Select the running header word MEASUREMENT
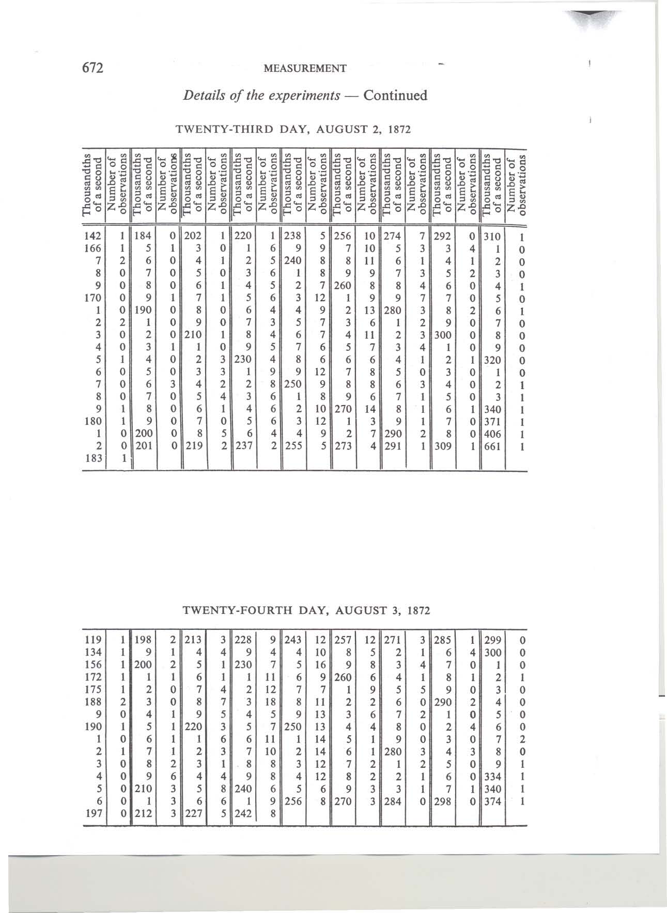(304, 68)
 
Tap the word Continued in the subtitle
(395, 96)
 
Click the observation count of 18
(269, 702)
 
